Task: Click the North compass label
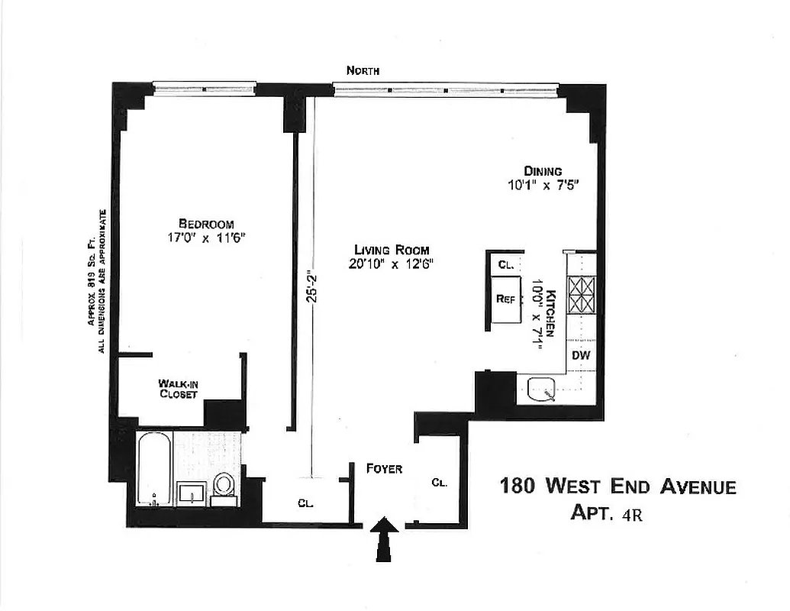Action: (x=363, y=71)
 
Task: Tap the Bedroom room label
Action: (x=205, y=223)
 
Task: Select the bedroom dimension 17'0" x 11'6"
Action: (x=205, y=237)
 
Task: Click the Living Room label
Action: (x=391, y=250)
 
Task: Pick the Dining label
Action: (x=543, y=171)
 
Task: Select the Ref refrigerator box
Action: (x=505, y=299)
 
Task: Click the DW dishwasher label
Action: (x=582, y=355)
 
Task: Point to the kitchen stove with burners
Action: (x=582, y=293)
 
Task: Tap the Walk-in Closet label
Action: (x=178, y=389)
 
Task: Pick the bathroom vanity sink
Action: (x=191, y=493)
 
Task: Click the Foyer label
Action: (x=383, y=468)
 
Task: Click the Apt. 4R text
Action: (x=606, y=512)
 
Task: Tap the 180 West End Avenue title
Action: (x=617, y=486)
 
